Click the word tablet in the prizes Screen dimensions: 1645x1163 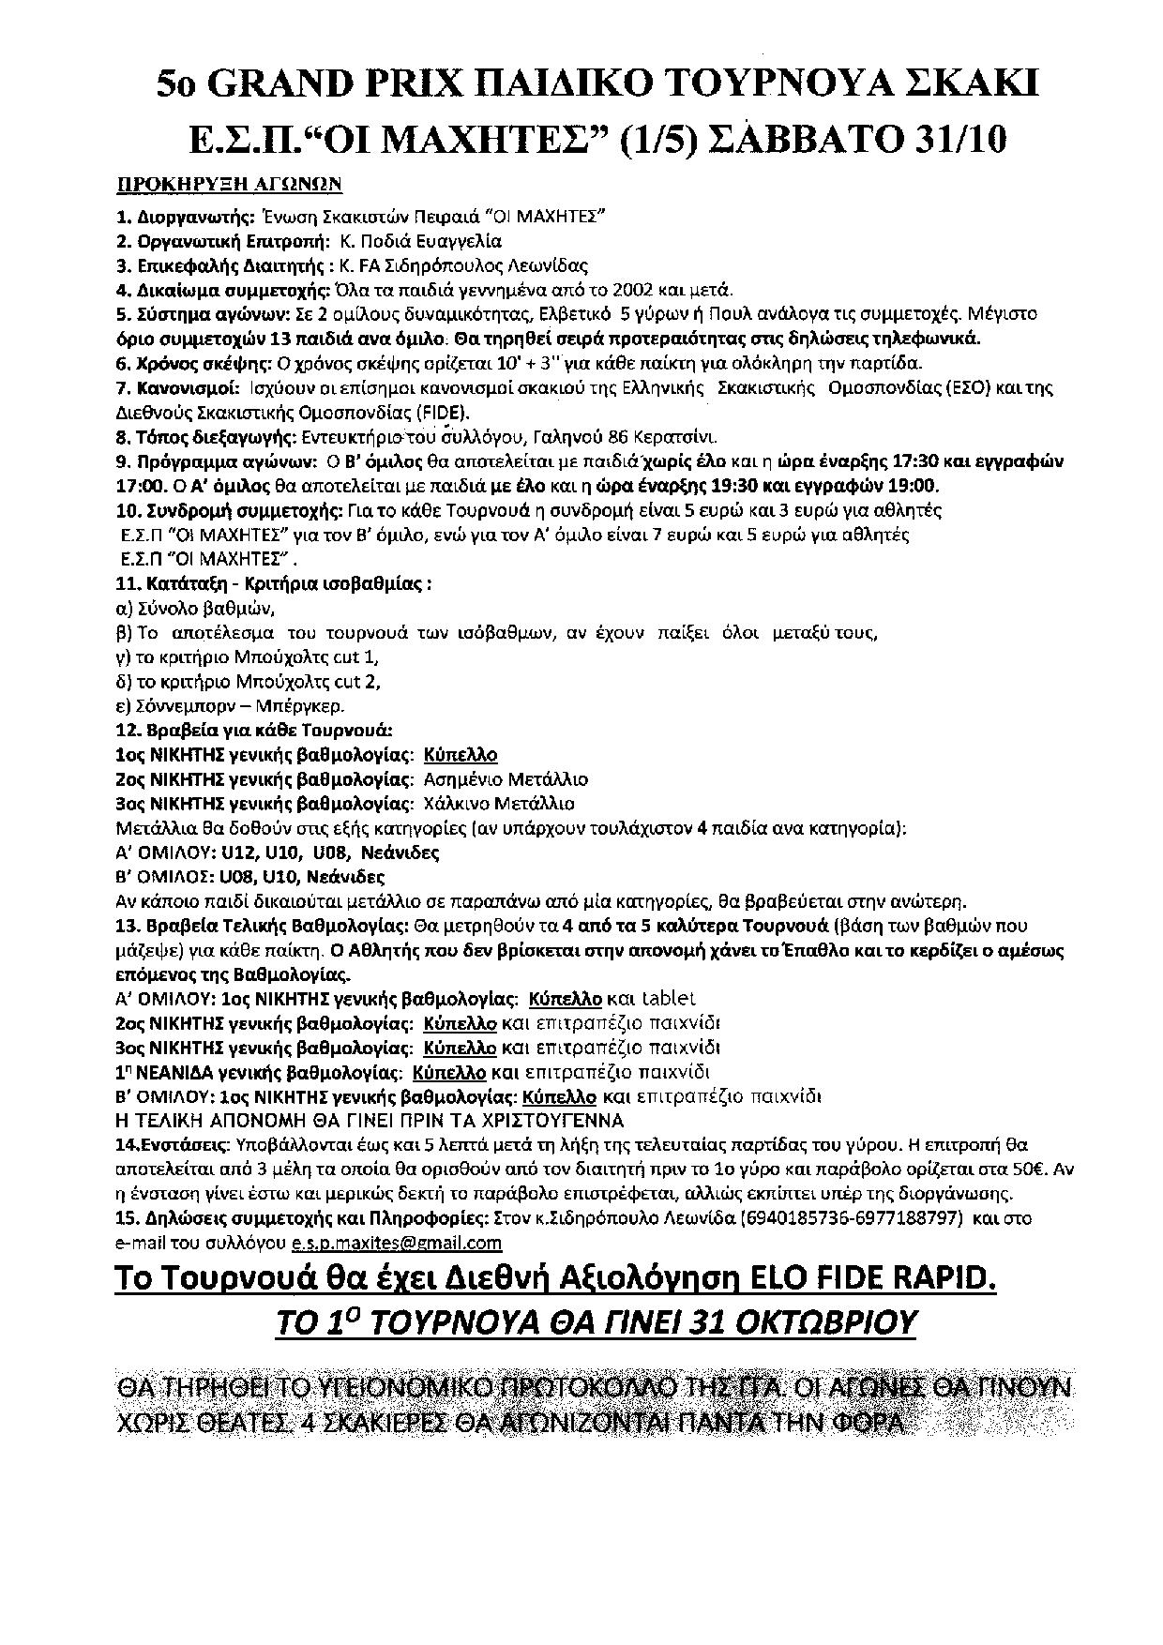coord(666,999)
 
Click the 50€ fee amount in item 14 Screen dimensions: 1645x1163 coord(1037,1170)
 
